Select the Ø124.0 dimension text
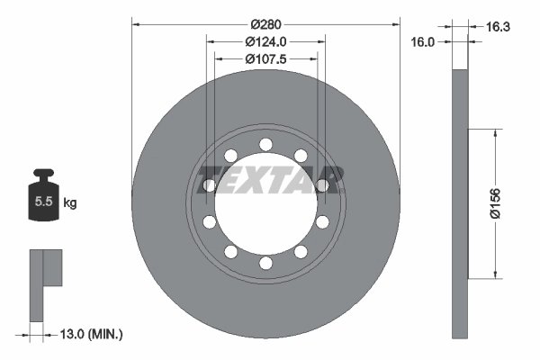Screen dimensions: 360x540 [x=265, y=41]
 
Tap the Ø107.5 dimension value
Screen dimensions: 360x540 [x=265, y=59]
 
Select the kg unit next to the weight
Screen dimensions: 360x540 [x=69, y=203]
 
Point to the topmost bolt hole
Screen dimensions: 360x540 [x=265, y=144]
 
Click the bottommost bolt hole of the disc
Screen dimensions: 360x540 [x=265, y=264]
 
